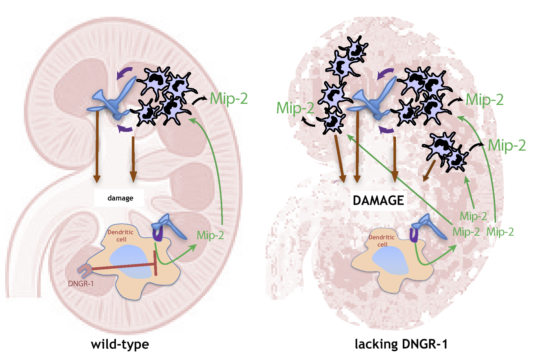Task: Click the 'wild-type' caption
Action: coord(120,344)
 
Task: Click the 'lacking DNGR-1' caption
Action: coord(401,344)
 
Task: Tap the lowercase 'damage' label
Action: coord(120,198)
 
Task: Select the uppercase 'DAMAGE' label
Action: coord(378,200)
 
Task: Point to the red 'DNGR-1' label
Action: coord(81,284)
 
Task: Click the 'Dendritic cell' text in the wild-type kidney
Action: coord(121,236)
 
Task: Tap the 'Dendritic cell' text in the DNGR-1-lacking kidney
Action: coord(382,241)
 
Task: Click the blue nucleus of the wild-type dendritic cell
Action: coord(130,262)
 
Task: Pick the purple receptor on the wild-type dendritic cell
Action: coord(158,234)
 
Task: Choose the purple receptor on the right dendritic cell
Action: coord(414,235)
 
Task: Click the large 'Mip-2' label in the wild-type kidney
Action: coord(229,98)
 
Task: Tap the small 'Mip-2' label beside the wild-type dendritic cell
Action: coord(210,235)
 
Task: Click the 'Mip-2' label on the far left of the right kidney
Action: coord(295,108)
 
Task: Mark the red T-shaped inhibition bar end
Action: coord(156,263)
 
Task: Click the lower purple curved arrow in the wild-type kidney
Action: coord(125,129)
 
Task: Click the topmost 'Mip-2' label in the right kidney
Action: coord(485,99)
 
